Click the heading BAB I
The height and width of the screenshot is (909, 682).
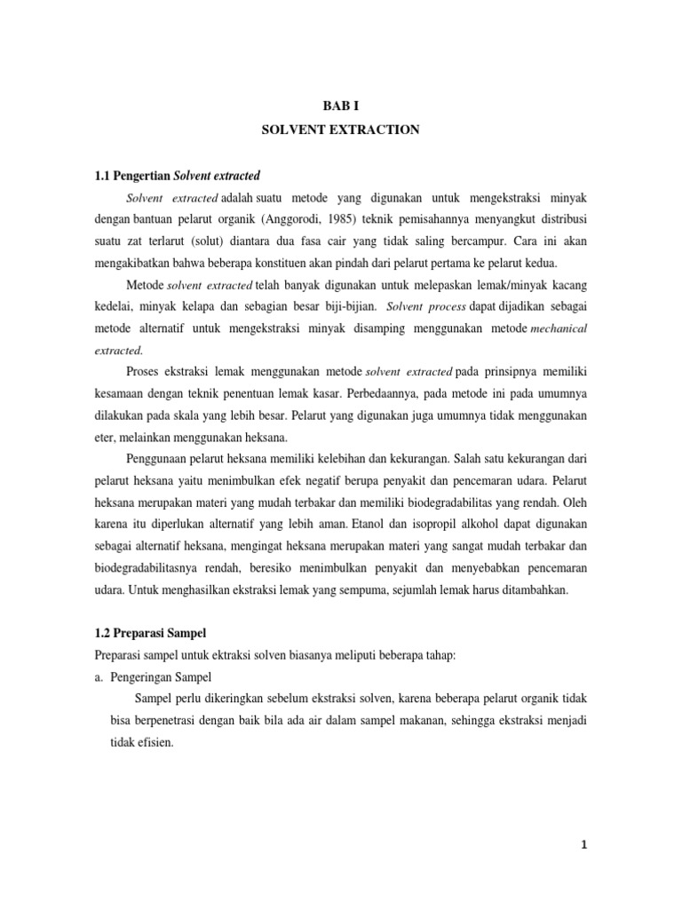click(340, 105)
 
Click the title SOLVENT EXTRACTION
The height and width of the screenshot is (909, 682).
click(340, 130)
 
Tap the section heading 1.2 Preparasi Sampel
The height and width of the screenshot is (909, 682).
click(149, 633)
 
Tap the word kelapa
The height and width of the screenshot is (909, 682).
click(197, 306)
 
